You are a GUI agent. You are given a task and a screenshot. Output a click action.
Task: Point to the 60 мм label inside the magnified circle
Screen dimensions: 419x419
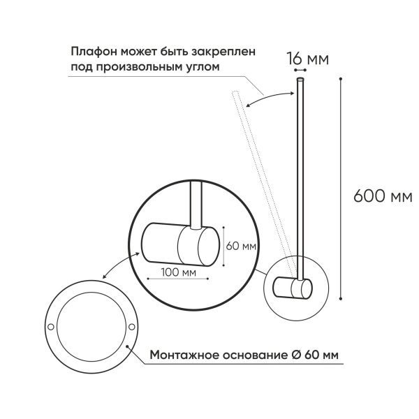240,247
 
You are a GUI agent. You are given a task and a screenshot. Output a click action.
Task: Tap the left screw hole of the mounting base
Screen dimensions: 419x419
51,326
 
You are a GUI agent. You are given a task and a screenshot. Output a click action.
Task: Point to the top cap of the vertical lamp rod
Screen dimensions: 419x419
300,81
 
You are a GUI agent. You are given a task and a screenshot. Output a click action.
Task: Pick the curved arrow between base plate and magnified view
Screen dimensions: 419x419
115,266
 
